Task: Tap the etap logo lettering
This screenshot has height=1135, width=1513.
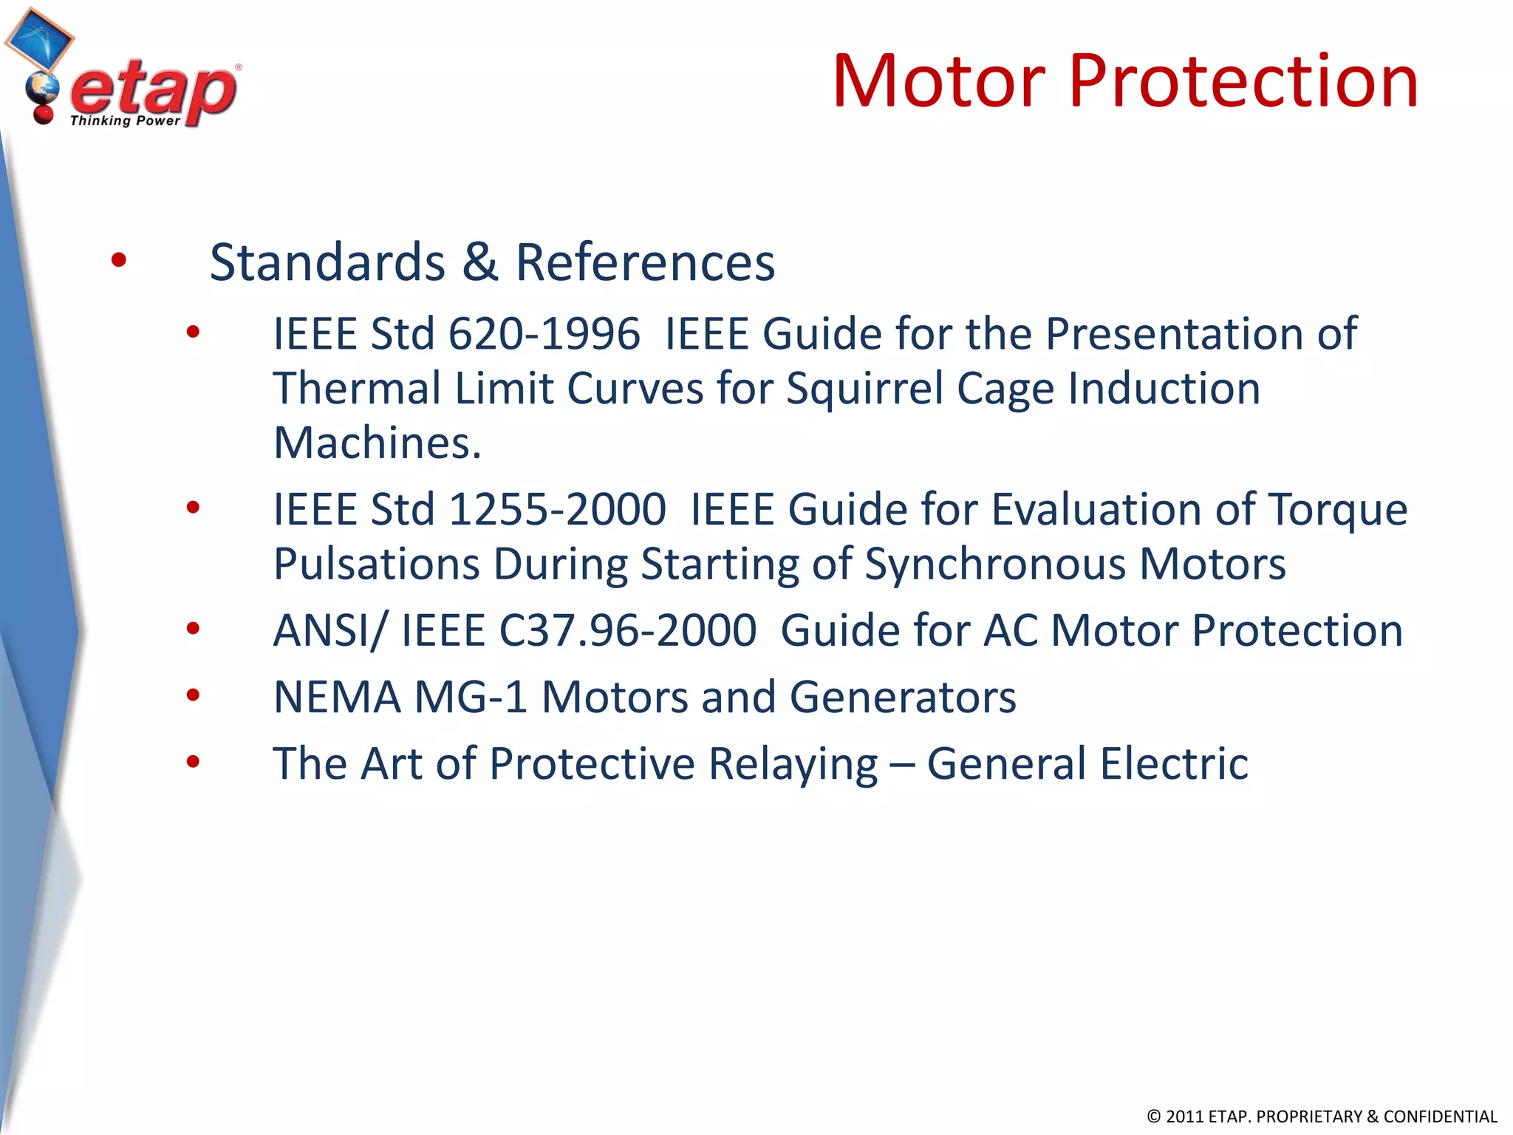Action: coord(154,90)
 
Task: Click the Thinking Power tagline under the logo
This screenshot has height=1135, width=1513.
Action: coord(125,120)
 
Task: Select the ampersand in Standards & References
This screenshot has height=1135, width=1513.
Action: coord(480,262)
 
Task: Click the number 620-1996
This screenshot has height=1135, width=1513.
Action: coord(544,334)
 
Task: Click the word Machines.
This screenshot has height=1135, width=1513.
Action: coord(377,443)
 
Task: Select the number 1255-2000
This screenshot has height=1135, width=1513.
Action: coord(557,510)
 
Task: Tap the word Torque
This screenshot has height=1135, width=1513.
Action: coord(1338,510)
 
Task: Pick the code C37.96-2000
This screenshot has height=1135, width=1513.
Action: coord(627,631)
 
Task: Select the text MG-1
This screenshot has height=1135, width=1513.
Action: coord(471,698)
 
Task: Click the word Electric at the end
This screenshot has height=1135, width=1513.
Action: coord(1174,764)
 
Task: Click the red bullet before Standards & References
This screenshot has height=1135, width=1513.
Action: coord(118,260)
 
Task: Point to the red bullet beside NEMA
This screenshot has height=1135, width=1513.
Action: coord(193,695)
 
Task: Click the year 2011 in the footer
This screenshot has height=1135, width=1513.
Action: coord(1184,1117)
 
